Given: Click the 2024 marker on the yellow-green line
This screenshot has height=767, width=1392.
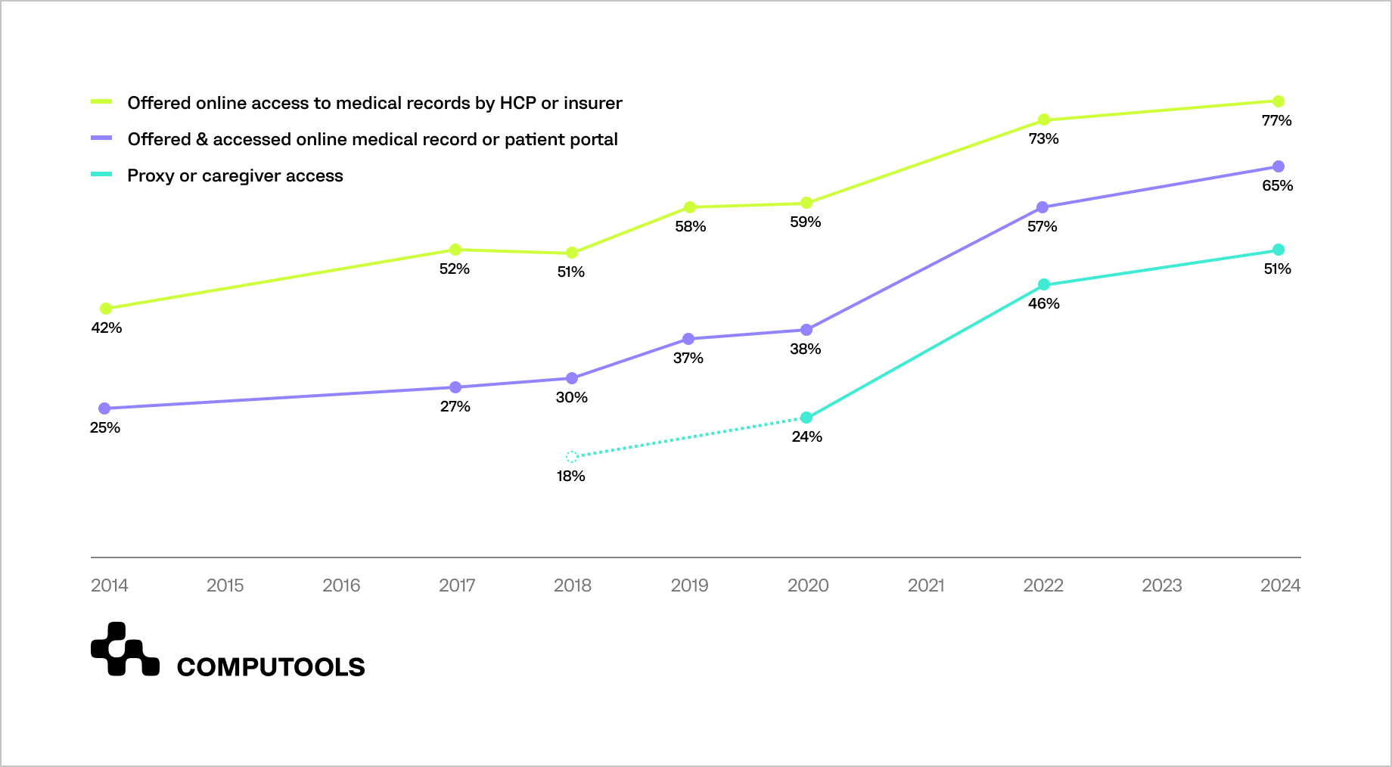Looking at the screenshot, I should coord(1279,101).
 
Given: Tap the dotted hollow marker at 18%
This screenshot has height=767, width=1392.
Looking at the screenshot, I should coord(572,457).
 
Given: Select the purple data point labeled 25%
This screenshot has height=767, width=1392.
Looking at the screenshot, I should coord(105,408).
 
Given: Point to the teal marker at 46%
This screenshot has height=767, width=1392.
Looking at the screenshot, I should coord(1044,284).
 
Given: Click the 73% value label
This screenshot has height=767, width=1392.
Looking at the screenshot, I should coord(1043,139).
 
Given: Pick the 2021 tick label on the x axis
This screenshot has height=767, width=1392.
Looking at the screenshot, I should coord(926,585).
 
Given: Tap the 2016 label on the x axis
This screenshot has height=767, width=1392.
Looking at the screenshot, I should coord(341,585).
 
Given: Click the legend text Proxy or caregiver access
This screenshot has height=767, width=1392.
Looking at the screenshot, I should coord(235,175).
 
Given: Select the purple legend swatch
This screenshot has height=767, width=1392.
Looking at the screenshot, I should coord(101,138).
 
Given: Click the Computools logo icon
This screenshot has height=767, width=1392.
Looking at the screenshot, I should coord(125,650).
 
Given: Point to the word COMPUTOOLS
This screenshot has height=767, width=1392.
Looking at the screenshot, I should coord(271,667).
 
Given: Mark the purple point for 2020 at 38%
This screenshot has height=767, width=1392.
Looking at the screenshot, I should coord(806,330).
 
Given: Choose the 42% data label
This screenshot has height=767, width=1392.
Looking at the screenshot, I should coord(107,328).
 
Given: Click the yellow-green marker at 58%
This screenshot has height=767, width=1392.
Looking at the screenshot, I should coord(690,207).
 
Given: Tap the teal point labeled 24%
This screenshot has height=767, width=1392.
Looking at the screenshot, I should coord(806,418).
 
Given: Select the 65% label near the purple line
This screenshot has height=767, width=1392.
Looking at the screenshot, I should coord(1277,186).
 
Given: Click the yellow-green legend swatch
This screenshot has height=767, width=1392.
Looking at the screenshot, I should coord(101,102).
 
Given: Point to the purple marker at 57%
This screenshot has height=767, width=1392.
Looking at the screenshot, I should coord(1042,207).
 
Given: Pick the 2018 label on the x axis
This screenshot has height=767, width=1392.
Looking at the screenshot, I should coord(573,585).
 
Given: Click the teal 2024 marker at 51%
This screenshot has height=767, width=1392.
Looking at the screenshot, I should coord(1279,250).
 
